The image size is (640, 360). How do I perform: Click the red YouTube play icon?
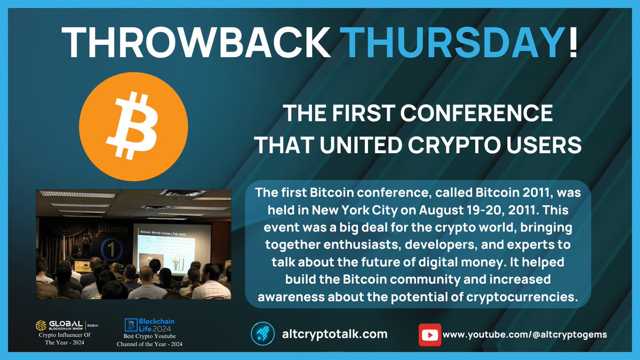429,334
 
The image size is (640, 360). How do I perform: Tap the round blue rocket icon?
262,334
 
